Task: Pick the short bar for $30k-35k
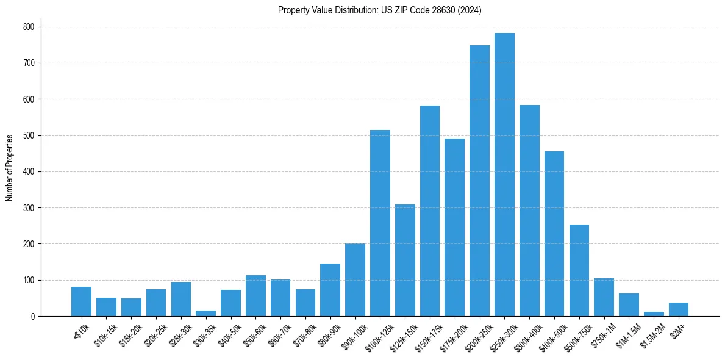coord(205,313)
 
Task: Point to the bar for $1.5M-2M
coord(654,314)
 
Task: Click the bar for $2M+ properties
coord(679,309)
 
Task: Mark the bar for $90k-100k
coord(355,280)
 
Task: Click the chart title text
coord(379,10)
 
